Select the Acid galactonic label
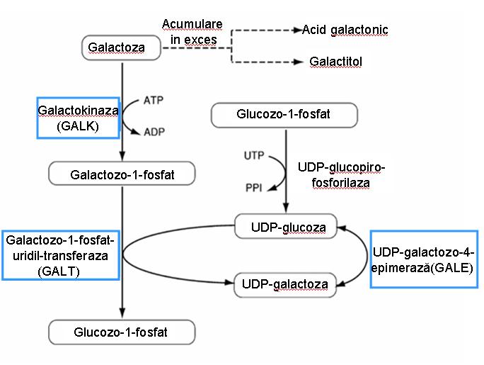click(x=345, y=30)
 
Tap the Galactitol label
click(x=335, y=62)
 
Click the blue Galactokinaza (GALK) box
click(x=78, y=118)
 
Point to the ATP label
click(x=154, y=101)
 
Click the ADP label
click(x=154, y=132)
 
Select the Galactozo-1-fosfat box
click(x=122, y=174)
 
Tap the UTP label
click(x=254, y=155)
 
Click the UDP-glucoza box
click(x=288, y=227)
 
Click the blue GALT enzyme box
click(x=59, y=255)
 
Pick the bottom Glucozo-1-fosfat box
click(x=122, y=331)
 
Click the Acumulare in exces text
click(x=192, y=32)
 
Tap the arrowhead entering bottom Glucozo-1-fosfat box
click(x=122, y=313)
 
